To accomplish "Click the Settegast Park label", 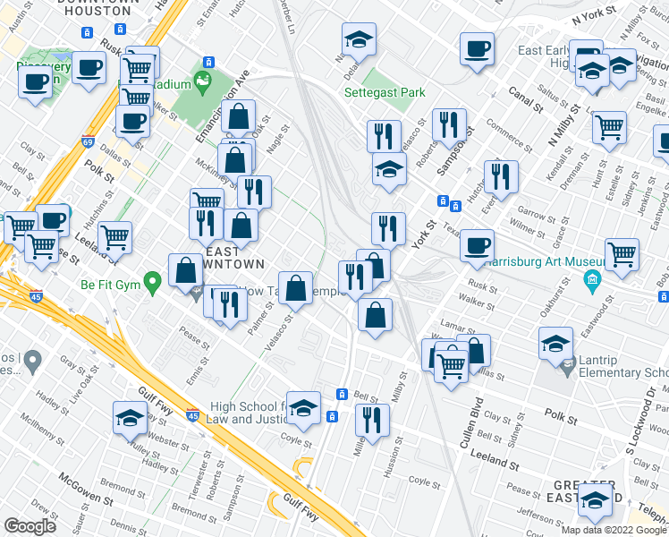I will (x=385, y=92).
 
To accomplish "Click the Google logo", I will (x=30, y=525).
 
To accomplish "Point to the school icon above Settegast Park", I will (x=359, y=40).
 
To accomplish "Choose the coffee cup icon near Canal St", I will (x=478, y=48).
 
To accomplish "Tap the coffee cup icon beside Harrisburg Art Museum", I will (x=478, y=243).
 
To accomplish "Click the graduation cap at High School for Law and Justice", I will (x=304, y=408).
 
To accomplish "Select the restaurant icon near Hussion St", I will (x=372, y=419).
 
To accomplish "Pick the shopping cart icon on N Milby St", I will (x=609, y=127).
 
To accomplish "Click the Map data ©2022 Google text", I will (x=614, y=530).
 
